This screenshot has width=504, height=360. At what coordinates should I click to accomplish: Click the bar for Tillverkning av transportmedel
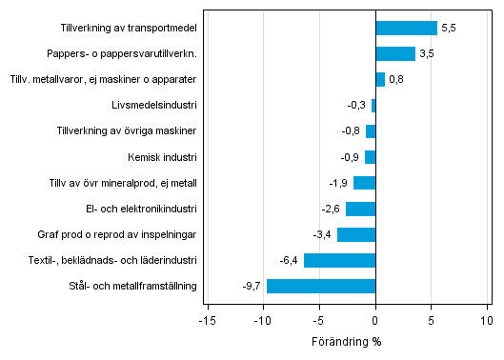406,29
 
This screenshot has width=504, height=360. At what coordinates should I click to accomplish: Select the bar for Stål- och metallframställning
321,286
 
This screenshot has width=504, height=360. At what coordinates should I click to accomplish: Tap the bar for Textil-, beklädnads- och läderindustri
339,260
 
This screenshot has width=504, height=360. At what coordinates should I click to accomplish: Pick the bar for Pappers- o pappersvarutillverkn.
395,54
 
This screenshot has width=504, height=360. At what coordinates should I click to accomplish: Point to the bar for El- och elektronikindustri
360,209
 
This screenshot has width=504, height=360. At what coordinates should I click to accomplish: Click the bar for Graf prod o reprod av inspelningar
356,234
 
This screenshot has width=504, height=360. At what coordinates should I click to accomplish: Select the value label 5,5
448,29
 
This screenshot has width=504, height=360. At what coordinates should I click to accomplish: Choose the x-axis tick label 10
488,320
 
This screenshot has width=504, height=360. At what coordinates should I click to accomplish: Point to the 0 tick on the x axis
375,320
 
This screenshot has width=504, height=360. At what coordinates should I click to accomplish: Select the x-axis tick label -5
319,320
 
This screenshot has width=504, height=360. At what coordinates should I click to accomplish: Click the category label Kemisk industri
162,157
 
